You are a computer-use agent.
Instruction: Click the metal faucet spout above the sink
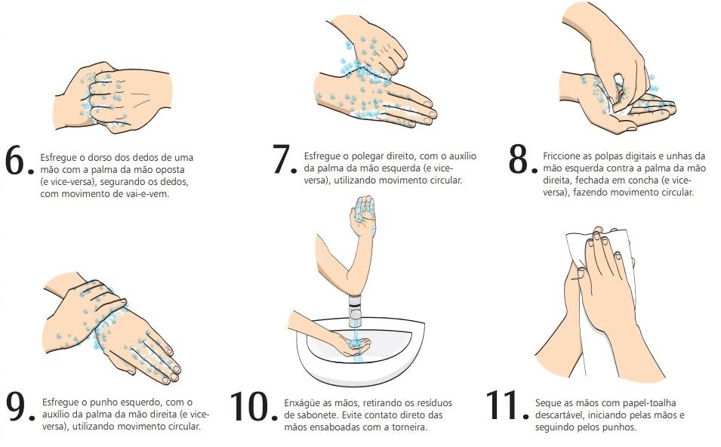tap(354, 310)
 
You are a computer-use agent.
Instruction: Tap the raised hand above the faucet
tap(363, 215)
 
